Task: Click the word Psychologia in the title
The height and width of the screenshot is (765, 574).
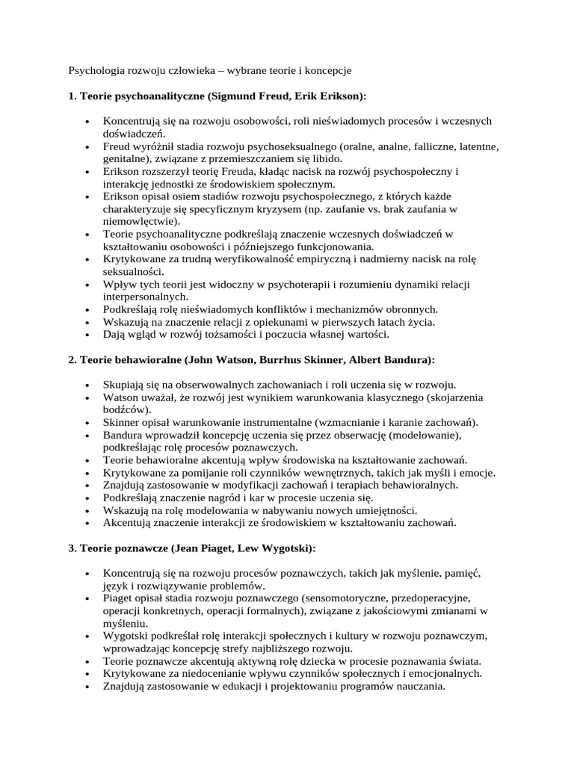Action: (x=96, y=71)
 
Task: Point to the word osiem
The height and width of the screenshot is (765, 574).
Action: (x=189, y=196)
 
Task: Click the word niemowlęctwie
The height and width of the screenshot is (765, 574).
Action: (x=141, y=221)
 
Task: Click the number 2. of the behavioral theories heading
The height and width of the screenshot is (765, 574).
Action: (x=72, y=359)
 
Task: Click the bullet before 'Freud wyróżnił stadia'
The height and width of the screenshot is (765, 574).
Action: (x=87, y=146)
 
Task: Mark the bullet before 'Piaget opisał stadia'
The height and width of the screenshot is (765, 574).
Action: (x=87, y=598)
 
